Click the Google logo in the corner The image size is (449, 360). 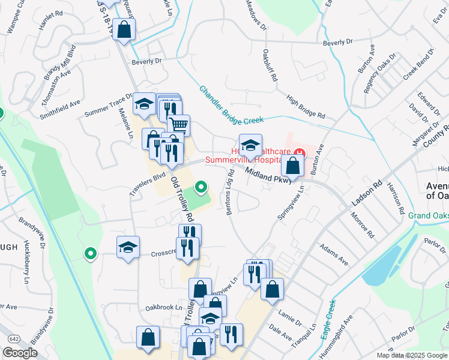(20, 352)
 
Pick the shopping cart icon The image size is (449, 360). (178, 125)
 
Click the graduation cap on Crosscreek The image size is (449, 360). (128, 248)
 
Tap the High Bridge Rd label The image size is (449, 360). (306, 106)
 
